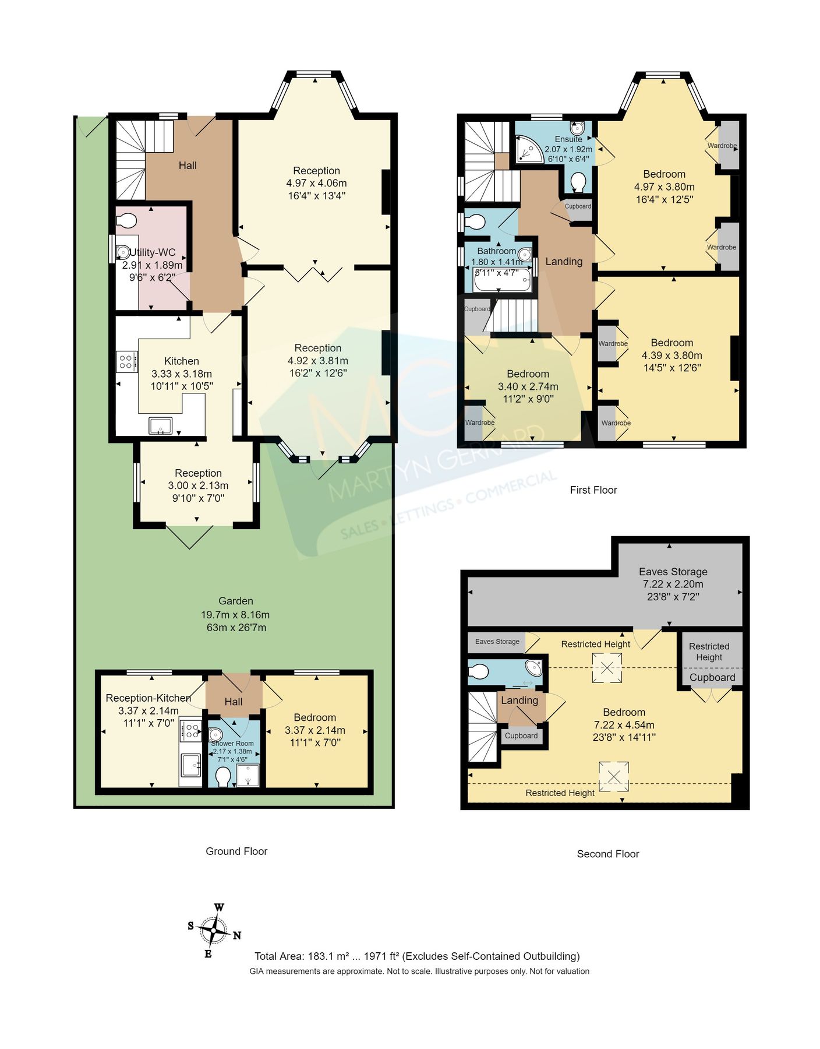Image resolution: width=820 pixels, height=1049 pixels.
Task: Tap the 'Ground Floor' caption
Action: click(236, 851)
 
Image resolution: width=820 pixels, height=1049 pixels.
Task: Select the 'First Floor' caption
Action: click(593, 490)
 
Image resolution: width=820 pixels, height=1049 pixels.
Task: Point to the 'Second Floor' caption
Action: click(607, 854)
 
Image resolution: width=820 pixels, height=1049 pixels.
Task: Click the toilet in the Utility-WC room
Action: click(126, 221)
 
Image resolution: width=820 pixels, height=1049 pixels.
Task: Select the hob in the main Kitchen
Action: click(126, 361)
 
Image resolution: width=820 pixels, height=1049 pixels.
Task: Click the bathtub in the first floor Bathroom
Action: click(502, 280)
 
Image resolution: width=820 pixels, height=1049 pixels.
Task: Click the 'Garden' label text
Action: click(235, 601)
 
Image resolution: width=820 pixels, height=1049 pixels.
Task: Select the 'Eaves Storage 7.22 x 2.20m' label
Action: click(673, 584)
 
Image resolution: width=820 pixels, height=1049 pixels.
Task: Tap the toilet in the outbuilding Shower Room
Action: click(222, 776)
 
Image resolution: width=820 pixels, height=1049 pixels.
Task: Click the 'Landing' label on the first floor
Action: click(564, 262)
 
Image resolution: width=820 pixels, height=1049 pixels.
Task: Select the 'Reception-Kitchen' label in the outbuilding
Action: click(148, 698)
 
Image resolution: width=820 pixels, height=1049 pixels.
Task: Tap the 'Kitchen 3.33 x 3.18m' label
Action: click(181, 373)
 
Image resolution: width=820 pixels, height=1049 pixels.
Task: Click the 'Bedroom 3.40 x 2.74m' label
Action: click(528, 386)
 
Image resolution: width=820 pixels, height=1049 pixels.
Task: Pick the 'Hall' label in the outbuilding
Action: click(233, 702)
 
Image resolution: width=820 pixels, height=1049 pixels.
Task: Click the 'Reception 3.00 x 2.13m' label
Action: click(198, 485)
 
